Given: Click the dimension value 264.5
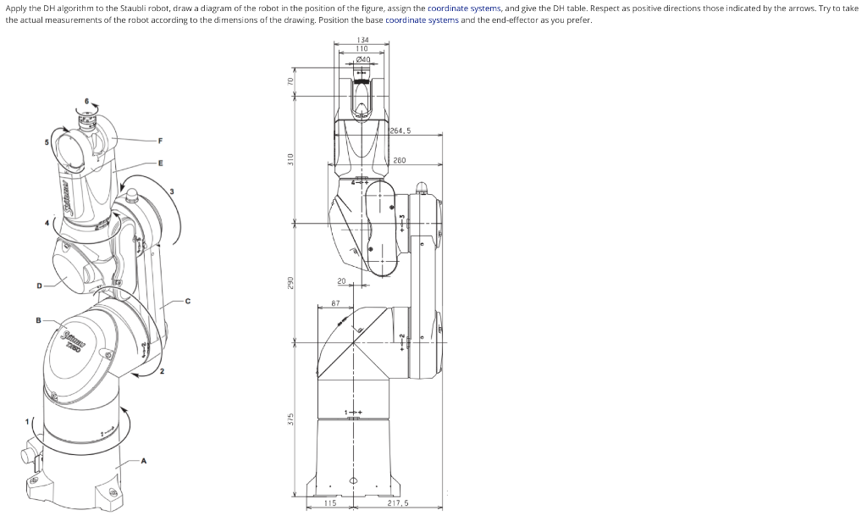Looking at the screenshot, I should point(400,130).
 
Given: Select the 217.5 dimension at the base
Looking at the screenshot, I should point(397,502).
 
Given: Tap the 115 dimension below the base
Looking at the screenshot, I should point(330,502).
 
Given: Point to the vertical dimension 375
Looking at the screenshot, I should point(290,419).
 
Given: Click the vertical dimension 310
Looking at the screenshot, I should point(290,158).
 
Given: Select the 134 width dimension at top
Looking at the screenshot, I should point(362,40).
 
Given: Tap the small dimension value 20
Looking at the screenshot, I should point(341,280).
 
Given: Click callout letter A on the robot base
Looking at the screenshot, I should point(143,461).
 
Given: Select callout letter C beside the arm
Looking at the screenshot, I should point(188,300).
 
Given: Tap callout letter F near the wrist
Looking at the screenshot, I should point(160,140).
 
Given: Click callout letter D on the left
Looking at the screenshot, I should point(38,286).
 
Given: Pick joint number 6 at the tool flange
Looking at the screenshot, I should point(86,102).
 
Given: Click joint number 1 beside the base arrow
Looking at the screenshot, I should point(26,421).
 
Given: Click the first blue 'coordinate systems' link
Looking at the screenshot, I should point(464,8).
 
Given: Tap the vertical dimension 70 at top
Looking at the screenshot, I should point(290,80).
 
